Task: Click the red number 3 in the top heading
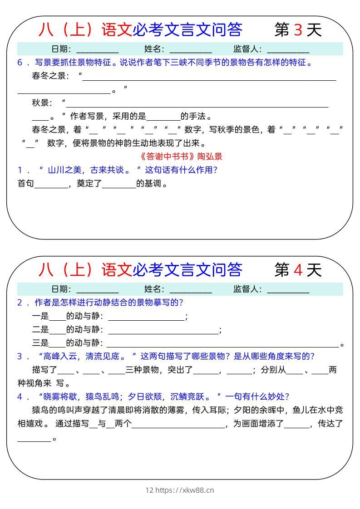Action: (x=298, y=30)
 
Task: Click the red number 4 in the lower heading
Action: (x=298, y=270)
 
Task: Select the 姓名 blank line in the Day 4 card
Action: (x=190, y=290)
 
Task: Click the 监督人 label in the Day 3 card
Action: (x=247, y=49)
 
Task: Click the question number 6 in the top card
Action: (x=20, y=63)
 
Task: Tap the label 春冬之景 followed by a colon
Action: (x=50, y=76)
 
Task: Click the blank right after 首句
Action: (x=50, y=185)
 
